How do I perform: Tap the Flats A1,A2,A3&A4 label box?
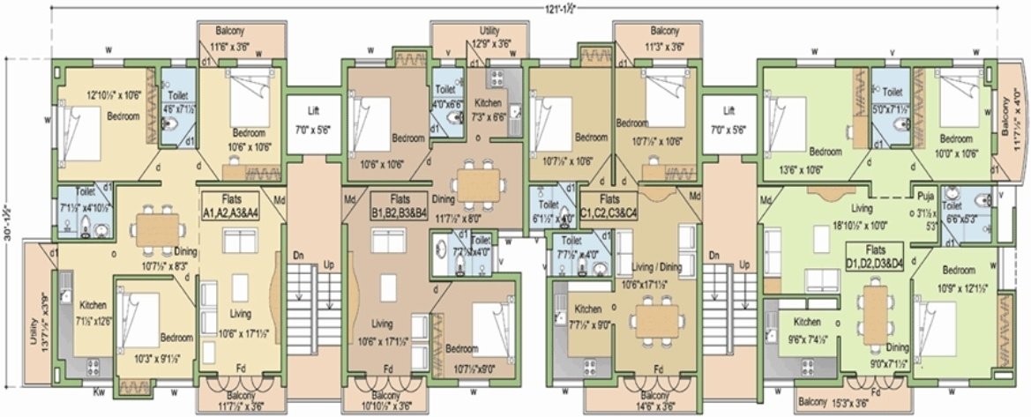(x=231, y=205)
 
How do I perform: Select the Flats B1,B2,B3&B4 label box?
(x=399, y=205)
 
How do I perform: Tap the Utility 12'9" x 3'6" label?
(x=490, y=36)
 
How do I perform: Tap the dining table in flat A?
(x=157, y=229)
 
